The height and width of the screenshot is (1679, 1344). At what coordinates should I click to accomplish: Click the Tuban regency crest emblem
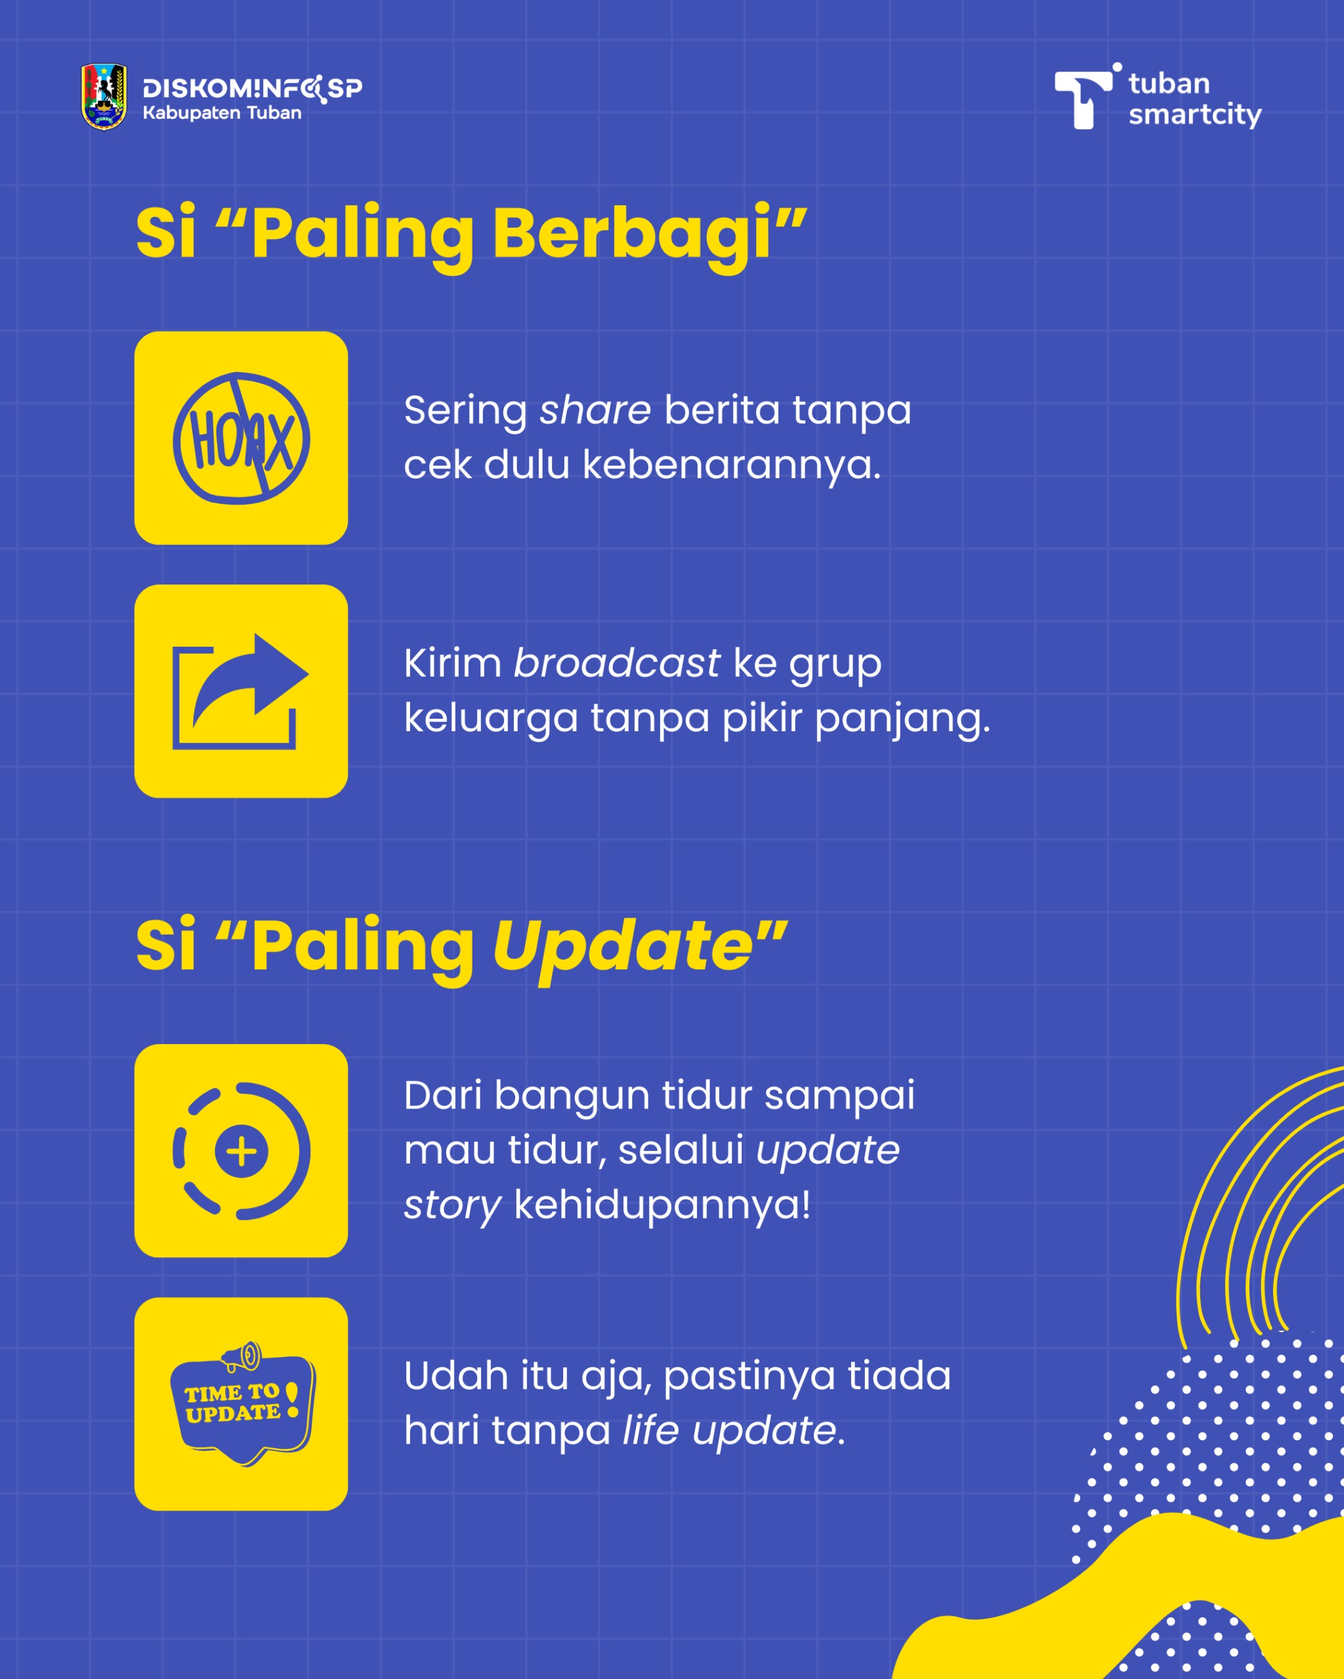(x=104, y=97)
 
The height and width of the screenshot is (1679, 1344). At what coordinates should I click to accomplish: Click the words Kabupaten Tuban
(x=222, y=113)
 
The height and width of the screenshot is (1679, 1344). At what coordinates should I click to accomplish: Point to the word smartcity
(x=1194, y=115)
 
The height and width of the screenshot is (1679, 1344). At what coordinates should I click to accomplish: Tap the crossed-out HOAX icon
(x=241, y=438)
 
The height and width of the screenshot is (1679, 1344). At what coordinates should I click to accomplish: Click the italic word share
(x=595, y=410)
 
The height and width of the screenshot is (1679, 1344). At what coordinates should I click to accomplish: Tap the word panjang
(x=902, y=719)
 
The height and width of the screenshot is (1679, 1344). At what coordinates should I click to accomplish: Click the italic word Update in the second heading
(x=623, y=946)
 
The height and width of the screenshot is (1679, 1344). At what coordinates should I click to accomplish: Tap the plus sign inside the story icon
(x=241, y=1152)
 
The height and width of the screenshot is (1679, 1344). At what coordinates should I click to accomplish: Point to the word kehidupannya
(x=662, y=1205)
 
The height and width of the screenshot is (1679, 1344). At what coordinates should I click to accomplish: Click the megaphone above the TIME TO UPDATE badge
(x=241, y=1356)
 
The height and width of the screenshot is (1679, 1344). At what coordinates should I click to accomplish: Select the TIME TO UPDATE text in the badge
(x=233, y=1404)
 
